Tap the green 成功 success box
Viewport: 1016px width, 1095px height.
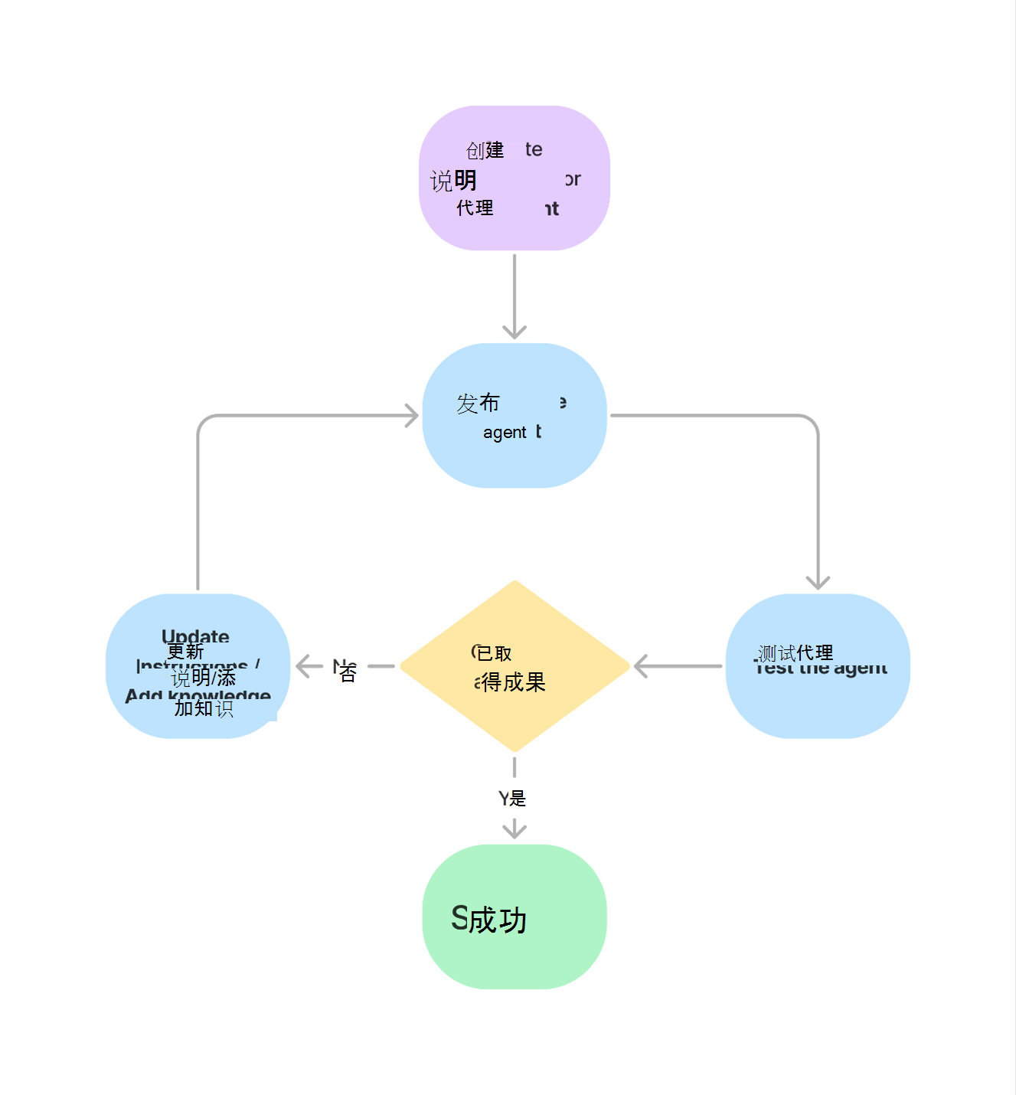(515, 917)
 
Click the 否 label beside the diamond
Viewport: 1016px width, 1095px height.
(348, 672)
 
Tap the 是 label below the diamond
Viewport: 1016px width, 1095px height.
(518, 799)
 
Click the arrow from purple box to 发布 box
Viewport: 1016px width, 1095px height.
(515, 295)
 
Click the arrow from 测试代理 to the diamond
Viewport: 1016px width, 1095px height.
(678, 666)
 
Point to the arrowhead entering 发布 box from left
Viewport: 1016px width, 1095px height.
(412, 416)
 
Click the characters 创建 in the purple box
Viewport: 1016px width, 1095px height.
(485, 150)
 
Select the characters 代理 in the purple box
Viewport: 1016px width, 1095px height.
(475, 208)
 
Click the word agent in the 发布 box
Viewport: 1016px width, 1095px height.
(505, 433)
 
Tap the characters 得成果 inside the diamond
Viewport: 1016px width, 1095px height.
(513, 682)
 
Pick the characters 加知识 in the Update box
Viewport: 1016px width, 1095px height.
(204, 708)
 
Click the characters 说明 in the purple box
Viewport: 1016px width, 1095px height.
(453, 181)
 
